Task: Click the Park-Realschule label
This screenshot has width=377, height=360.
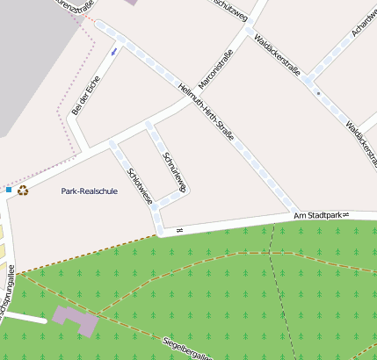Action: [89, 191]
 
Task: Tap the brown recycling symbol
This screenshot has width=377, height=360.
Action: [23, 190]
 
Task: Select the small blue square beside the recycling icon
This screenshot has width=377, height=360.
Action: [9, 190]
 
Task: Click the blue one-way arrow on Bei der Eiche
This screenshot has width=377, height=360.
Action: [113, 53]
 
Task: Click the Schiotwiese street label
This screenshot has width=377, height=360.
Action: [140, 186]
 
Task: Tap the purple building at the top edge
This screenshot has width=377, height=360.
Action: [132, 3]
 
